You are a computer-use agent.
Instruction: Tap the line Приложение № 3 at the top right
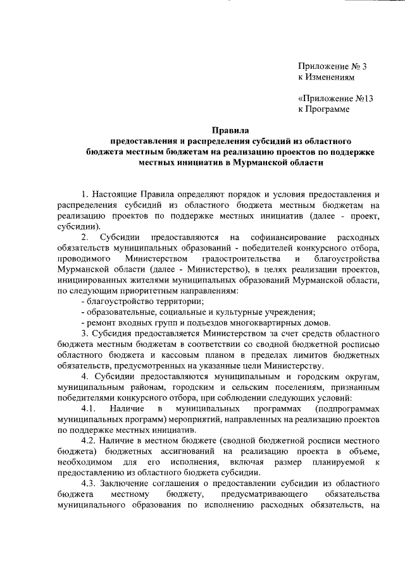(x=332, y=65)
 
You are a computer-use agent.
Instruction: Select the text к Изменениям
(x=326, y=76)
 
